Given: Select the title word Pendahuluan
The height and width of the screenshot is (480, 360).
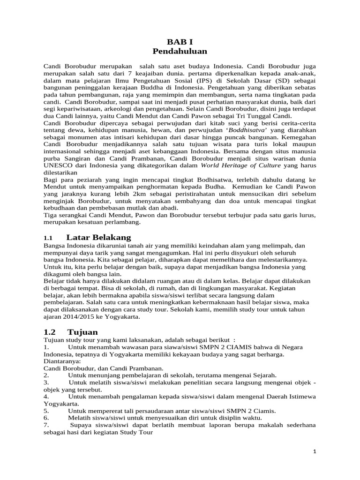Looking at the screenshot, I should (x=180, y=51).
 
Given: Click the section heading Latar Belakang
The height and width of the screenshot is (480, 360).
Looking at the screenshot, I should (x=98, y=237).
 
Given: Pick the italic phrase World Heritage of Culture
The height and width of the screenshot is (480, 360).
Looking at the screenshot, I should (x=240, y=165).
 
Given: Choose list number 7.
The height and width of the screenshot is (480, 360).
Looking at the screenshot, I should (x=46, y=425).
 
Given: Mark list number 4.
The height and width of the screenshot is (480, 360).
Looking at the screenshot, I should (x=46, y=397).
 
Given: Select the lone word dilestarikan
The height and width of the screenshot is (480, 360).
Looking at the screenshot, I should (x=62, y=172).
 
